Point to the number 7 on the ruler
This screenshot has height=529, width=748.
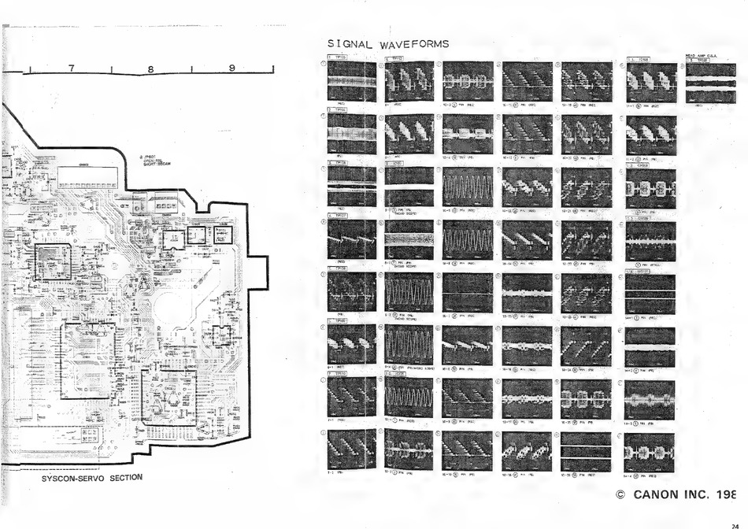click(72, 68)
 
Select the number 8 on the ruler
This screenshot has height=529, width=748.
click(150, 68)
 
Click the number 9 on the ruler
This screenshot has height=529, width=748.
click(231, 68)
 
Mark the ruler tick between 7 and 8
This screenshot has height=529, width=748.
click(111, 72)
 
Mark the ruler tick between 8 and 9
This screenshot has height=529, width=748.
click(191, 72)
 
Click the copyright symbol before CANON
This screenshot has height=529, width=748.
click(620, 495)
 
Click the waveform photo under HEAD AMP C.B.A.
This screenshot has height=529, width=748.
click(710, 83)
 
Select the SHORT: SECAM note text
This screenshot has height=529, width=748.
click(154, 164)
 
